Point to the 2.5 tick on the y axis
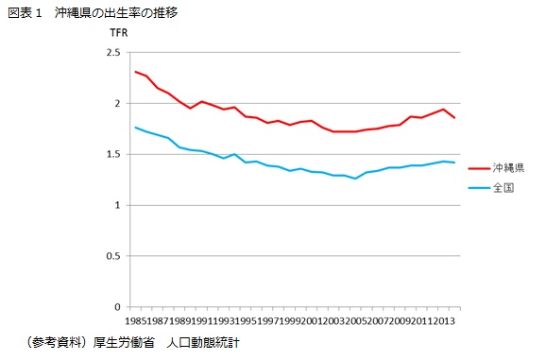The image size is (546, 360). pyautogui.click(x=112, y=53)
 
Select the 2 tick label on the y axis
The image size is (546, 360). pyautogui.click(x=117, y=104)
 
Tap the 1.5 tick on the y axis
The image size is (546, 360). pyautogui.click(x=112, y=154)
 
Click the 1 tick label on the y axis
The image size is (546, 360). pyautogui.click(x=117, y=205)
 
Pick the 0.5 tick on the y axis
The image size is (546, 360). pyautogui.click(x=112, y=256)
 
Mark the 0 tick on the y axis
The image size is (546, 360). pyautogui.click(x=117, y=307)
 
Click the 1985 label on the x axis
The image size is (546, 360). pyautogui.click(x=136, y=321)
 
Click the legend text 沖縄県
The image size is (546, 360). pyautogui.click(x=509, y=166)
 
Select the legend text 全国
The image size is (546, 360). pyautogui.click(x=503, y=188)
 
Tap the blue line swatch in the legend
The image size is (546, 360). pyautogui.click(x=479, y=188)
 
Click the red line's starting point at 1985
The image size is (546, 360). pyautogui.click(x=136, y=72)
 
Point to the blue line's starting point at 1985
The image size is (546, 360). pyautogui.click(x=136, y=128)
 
